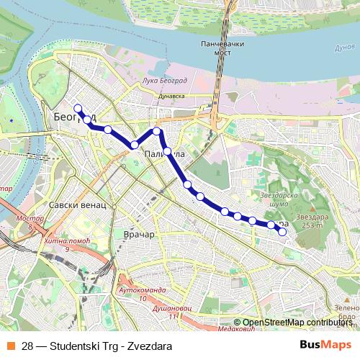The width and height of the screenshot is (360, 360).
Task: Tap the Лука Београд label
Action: (166, 81)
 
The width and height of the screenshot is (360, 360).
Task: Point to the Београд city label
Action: (72, 116)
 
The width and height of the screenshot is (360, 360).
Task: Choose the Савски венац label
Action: (77, 204)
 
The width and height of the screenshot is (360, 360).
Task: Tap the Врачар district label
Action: (139, 235)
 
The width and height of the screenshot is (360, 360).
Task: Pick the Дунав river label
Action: (344, 48)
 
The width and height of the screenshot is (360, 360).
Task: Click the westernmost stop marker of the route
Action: (78, 109)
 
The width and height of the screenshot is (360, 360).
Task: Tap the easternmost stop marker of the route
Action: (282, 232)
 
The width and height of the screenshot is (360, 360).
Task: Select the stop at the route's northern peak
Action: (156, 131)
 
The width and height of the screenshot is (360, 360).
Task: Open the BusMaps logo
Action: (325, 345)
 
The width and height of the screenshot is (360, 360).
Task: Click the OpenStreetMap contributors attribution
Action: (297, 323)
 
